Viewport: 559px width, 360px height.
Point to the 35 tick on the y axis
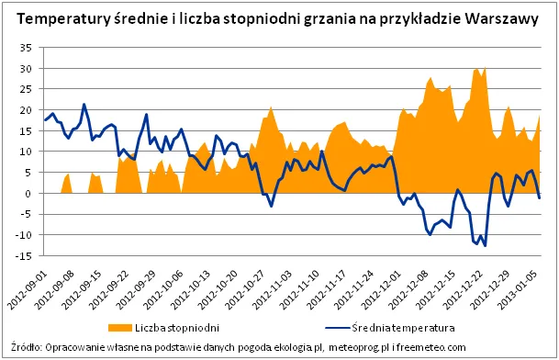coord(26,48)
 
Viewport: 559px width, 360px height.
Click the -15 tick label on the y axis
coord(24,255)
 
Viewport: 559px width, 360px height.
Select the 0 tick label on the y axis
coord(29,193)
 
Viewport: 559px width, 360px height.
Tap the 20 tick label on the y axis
coord(26,110)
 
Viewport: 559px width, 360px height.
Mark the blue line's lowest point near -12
coord(485,245)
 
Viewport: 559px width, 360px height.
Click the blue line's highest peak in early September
coord(84,105)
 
